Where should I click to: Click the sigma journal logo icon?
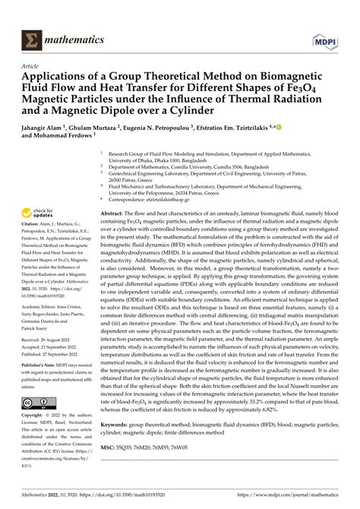(x=32, y=18)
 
